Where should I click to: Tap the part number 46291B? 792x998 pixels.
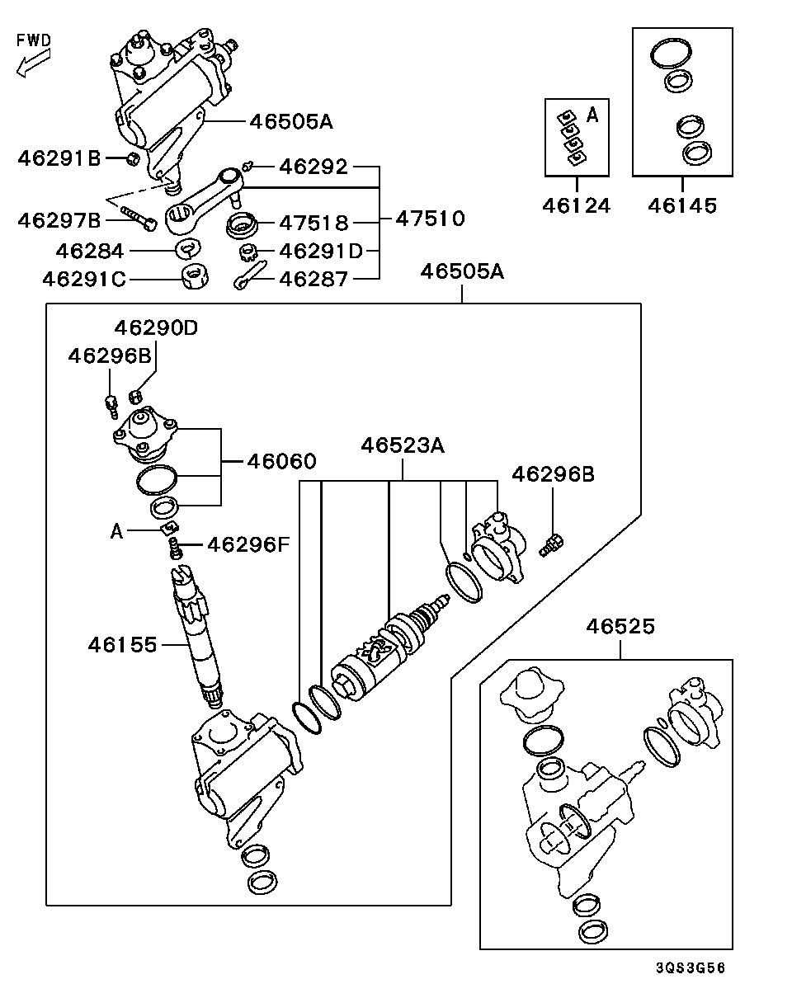tap(59, 158)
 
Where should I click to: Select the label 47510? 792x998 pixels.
tap(429, 219)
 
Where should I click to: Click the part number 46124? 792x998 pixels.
tap(577, 205)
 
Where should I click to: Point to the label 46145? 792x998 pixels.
tap(681, 205)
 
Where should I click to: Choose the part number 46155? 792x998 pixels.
tap(122, 644)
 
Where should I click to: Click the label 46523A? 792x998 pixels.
tap(403, 446)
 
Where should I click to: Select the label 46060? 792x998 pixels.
tap(281, 461)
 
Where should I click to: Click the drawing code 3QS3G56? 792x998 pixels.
tap(691, 968)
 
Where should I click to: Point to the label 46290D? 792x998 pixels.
tap(156, 327)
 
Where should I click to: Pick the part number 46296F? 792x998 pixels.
tap(247, 544)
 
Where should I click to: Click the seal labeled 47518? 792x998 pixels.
tap(243, 223)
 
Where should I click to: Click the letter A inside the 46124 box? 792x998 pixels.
tap(592, 116)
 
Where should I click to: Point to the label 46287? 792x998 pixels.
tap(313, 279)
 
